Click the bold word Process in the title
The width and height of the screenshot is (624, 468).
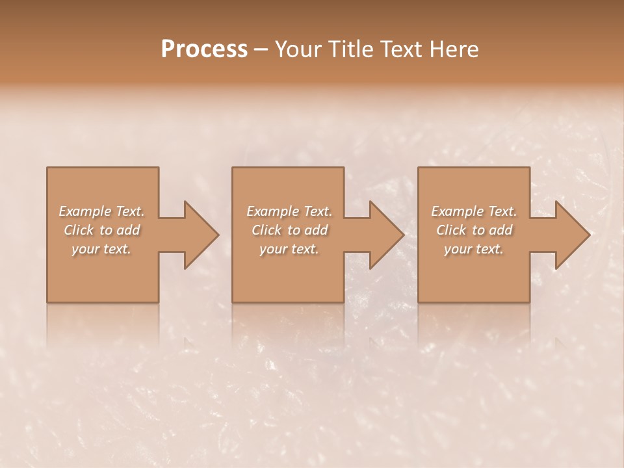pyautogui.click(x=204, y=49)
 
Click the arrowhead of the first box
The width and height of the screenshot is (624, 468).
pyautogui.click(x=199, y=235)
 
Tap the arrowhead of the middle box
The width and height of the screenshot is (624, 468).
pyautogui.click(x=385, y=235)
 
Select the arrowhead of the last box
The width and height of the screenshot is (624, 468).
pyautogui.click(x=571, y=235)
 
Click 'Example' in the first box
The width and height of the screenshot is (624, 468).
pyautogui.click(x=85, y=211)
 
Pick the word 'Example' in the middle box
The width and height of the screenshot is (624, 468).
pyautogui.click(x=272, y=211)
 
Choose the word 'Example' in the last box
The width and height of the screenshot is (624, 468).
pyautogui.click(x=457, y=211)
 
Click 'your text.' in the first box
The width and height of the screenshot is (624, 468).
pyautogui.click(x=101, y=249)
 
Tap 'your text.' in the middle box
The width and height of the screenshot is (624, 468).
pyautogui.click(x=289, y=249)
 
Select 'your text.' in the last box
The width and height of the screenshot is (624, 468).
pyautogui.click(x=474, y=249)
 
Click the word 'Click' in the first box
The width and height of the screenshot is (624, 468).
pyautogui.click(x=79, y=230)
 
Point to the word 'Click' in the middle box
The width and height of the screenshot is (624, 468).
pyautogui.click(x=266, y=230)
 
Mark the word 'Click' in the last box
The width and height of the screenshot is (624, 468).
pyautogui.click(x=451, y=230)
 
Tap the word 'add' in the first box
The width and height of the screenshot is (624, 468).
pyautogui.click(x=129, y=230)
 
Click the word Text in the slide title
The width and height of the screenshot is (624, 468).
pyautogui.click(x=402, y=49)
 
